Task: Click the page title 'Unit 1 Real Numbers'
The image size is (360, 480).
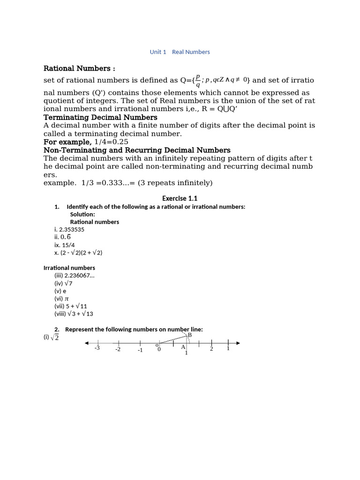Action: (x=180, y=52)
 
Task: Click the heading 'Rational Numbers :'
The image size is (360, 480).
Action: (x=79, y=68)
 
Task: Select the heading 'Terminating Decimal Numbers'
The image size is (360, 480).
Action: (x=100, y=117)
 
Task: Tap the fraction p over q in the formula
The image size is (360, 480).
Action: (x=198, y=80)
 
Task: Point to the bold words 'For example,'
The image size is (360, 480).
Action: (x=67, y=142)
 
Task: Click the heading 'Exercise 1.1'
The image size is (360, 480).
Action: (x=180, y=198)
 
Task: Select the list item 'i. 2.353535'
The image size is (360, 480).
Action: (x=69, y=230)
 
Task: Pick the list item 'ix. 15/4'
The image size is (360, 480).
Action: (x=65, y=245)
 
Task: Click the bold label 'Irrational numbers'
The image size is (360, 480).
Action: (x=69, y=268)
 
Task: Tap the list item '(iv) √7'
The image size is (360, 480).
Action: (x=63, y=283)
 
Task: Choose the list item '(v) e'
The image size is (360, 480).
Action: (x=60, y=291)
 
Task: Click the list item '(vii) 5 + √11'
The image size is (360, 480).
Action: (x=71, y=306)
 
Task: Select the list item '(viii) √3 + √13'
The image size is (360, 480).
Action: (x=74, y=314)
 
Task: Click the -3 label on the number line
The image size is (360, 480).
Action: (x=97, y=348)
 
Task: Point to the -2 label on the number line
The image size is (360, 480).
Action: (x=118, y=349)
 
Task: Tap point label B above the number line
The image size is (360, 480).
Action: (x=189, y=335)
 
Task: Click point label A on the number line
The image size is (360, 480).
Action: (x=183, y=347)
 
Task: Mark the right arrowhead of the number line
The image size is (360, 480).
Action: (x=238, y=343)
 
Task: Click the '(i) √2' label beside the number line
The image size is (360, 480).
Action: (x=51, y=337)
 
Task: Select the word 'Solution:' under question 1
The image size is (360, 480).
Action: (x=82, y=214)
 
